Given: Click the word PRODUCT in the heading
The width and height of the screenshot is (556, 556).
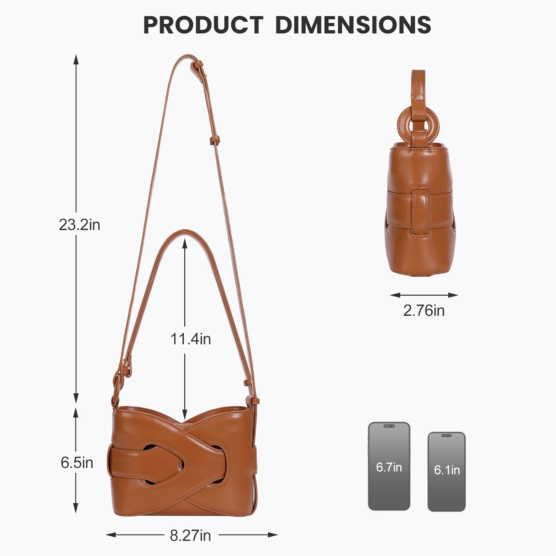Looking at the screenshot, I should coord(203,25).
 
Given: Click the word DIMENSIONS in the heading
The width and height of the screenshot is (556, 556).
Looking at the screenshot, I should coord(353,25).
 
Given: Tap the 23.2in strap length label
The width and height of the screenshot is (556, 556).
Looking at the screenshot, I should coord(79,225).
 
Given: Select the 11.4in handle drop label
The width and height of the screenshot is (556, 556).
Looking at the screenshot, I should coord(191,339).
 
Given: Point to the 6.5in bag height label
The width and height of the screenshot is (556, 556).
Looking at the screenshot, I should coord(77,463).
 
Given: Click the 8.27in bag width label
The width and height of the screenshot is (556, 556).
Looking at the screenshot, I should coord(191,535).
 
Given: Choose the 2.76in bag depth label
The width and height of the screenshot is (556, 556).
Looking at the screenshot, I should coord(424,311).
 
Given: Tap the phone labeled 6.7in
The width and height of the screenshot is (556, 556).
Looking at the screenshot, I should coord(389,466).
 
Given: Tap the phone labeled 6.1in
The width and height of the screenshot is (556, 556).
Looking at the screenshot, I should coord(447,471).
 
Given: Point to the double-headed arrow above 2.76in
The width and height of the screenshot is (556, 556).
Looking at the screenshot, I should coord(424,295).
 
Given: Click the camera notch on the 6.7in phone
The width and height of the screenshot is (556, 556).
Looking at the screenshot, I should coord(389,426).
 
